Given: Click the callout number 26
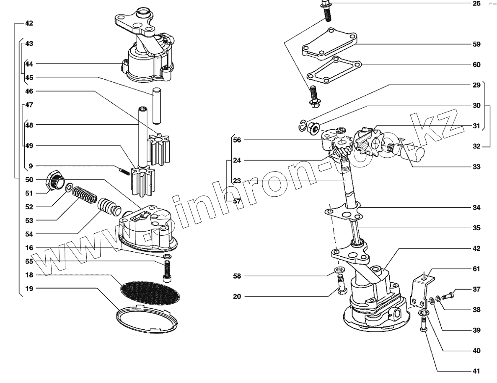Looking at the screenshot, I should tap(476, 3).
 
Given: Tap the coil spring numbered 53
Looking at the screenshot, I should tap(84, 195).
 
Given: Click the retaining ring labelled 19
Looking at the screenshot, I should tap(146, 320).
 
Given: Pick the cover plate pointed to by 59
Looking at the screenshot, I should tap(329, 44).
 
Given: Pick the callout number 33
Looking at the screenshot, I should tap(476, 167).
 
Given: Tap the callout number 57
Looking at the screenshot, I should tap(237, 201).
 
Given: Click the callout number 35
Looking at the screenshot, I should tap(476, 228).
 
